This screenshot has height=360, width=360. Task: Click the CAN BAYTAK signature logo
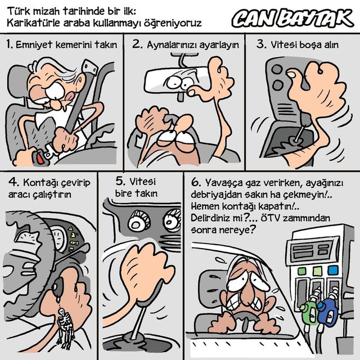tap(292, 19)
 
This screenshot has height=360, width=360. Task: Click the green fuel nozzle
tap(309, 310)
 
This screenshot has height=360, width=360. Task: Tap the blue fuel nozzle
tap(328, 309)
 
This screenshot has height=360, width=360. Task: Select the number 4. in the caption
tap(13, 182)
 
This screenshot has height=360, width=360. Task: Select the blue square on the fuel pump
tap(333, 270)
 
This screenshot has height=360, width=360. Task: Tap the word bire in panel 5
tap(123, 193)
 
